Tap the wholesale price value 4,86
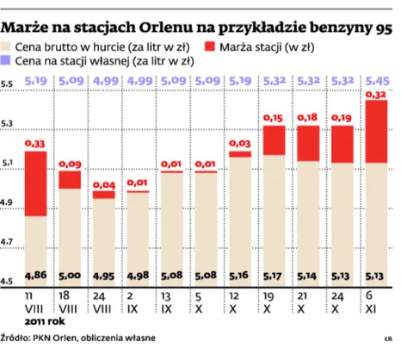point(35,276)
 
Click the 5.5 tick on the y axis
point(8,84)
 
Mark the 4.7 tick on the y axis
point(8,244)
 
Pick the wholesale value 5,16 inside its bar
point(240,276)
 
